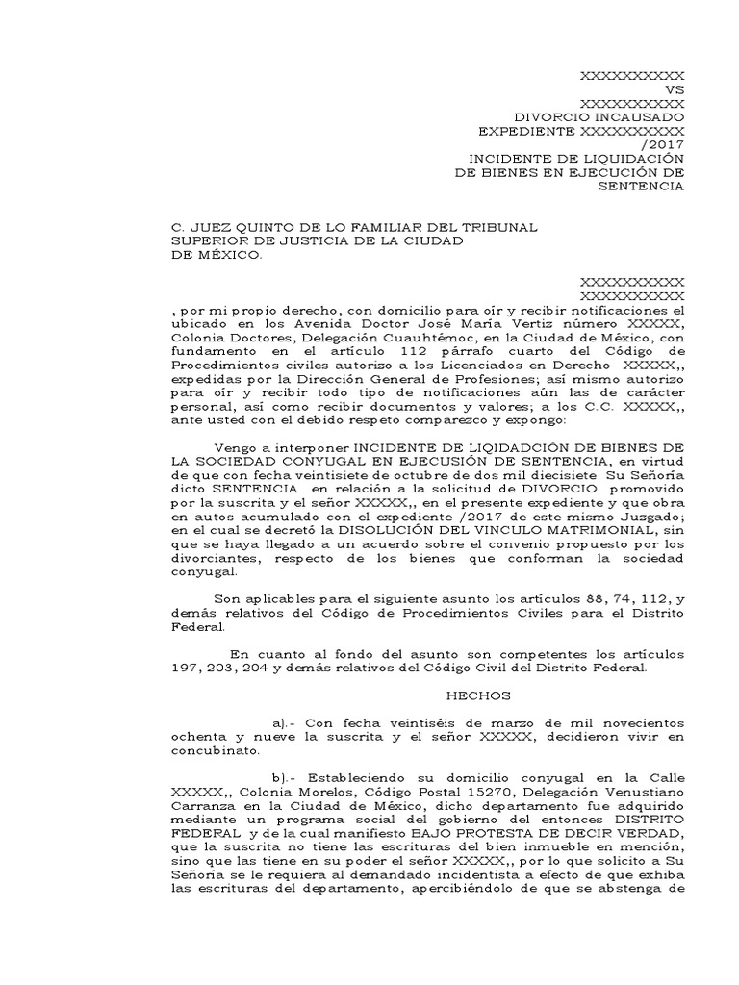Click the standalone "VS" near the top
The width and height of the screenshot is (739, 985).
tap(673, 88)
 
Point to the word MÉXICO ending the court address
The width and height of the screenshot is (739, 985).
tap(226, 255)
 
